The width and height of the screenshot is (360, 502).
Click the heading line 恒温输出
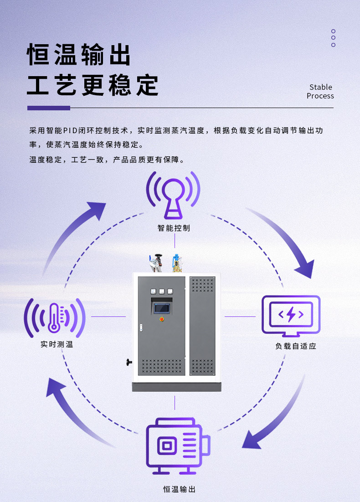pyautogui.click(x=79, y=54)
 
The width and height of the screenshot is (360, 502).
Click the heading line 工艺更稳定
pyautogui.click(x=93, y=85)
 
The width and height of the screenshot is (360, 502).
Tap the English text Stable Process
pyautogui.click(x=320, y=92)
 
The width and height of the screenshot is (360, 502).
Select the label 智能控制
pyautogui.click(x=174, y=228)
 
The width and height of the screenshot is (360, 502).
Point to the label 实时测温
pyautogui.click(x=57, y=344)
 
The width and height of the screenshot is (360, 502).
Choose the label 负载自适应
pyautogui.click(x=296, y=346)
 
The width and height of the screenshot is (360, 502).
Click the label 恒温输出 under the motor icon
pyautogui.click(x=179, y=489)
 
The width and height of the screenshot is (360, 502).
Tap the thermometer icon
pyautogui.click(x=54, y=318)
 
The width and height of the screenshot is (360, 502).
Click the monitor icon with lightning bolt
pyautogui.click(x=291, y=316)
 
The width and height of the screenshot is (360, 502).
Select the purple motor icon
pyautogui.click(x=178, y=445)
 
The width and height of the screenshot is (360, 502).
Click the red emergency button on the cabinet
pyautogui.click(x=162, y=319)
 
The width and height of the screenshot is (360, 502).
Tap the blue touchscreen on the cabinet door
pyautogui.click(x=162, y=309)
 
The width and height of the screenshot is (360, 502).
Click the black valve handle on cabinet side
pyautogui.click(x=129, y=362)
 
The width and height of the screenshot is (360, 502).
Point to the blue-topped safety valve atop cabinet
pyautogui.click(x=176, y=263)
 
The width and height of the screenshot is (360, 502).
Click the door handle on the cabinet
pyautogui.click(x=141, y=327)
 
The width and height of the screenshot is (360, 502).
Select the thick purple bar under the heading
pyautogui.click(x=49, y=108)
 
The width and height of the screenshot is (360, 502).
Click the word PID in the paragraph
pyautogui.click(x=70, y=130)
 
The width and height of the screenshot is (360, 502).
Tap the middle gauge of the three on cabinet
pyautogui.click(x=162, y=291)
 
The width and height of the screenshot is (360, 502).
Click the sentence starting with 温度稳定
pyautogui.click(x=107, y=160)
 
